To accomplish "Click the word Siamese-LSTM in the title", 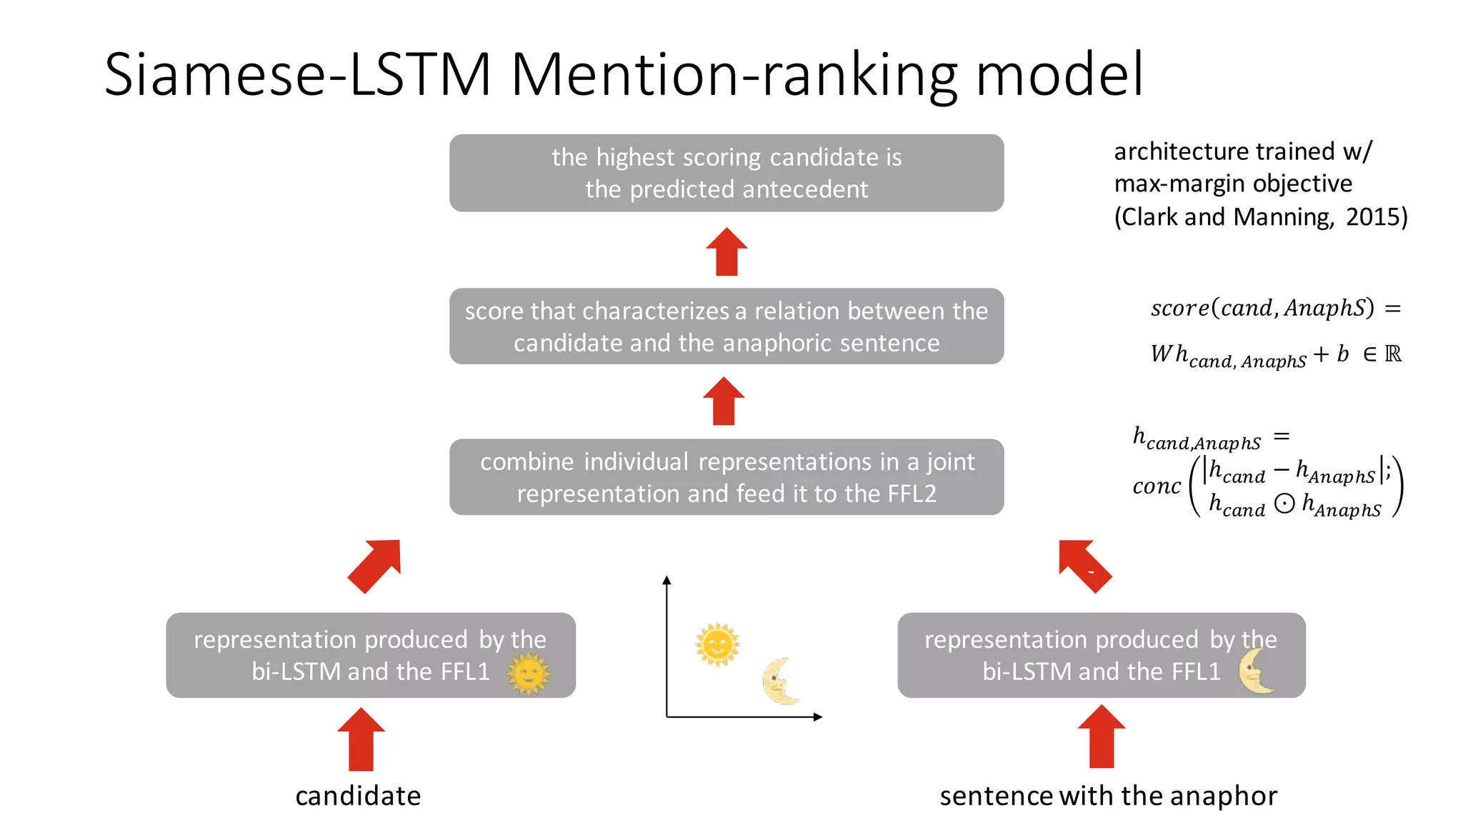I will pos(297,74).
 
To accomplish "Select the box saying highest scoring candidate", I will pos(726,173).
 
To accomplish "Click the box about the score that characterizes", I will pos(726,326).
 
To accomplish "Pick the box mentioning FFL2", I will pos(726,477).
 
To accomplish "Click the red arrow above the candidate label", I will pos(361,740).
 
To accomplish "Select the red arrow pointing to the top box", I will pos(726,252).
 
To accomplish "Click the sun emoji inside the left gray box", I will pos(529,675).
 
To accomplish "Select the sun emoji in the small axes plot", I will pos(717,644).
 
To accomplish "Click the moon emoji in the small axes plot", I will pos(779,681).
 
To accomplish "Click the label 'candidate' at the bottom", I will pos(358,796).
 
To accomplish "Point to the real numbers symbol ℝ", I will pos(1393,354).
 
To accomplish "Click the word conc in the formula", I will pos(1157,487).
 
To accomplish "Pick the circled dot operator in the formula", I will pos(1284,504).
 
